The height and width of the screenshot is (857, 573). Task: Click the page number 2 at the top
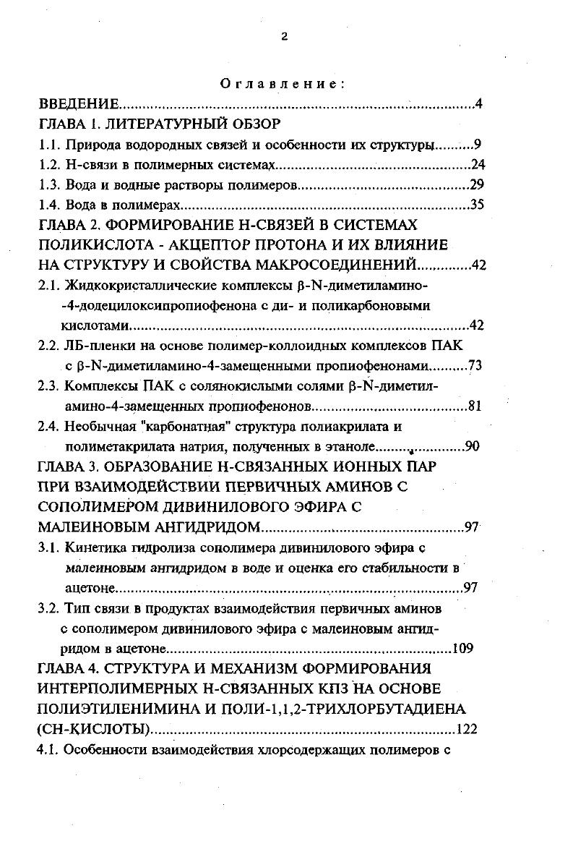pyautogui.click(x=284, y=37)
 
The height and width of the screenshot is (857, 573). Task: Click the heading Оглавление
pyautogui.click(x=283, y=84)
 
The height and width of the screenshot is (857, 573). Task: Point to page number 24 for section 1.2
pyautogui.click(x=476, y=164)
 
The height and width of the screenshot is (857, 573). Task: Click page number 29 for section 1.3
pyautogui.click(x=476, y=184)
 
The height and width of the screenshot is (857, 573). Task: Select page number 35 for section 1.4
pyautogui.click(x=476, y=205)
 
